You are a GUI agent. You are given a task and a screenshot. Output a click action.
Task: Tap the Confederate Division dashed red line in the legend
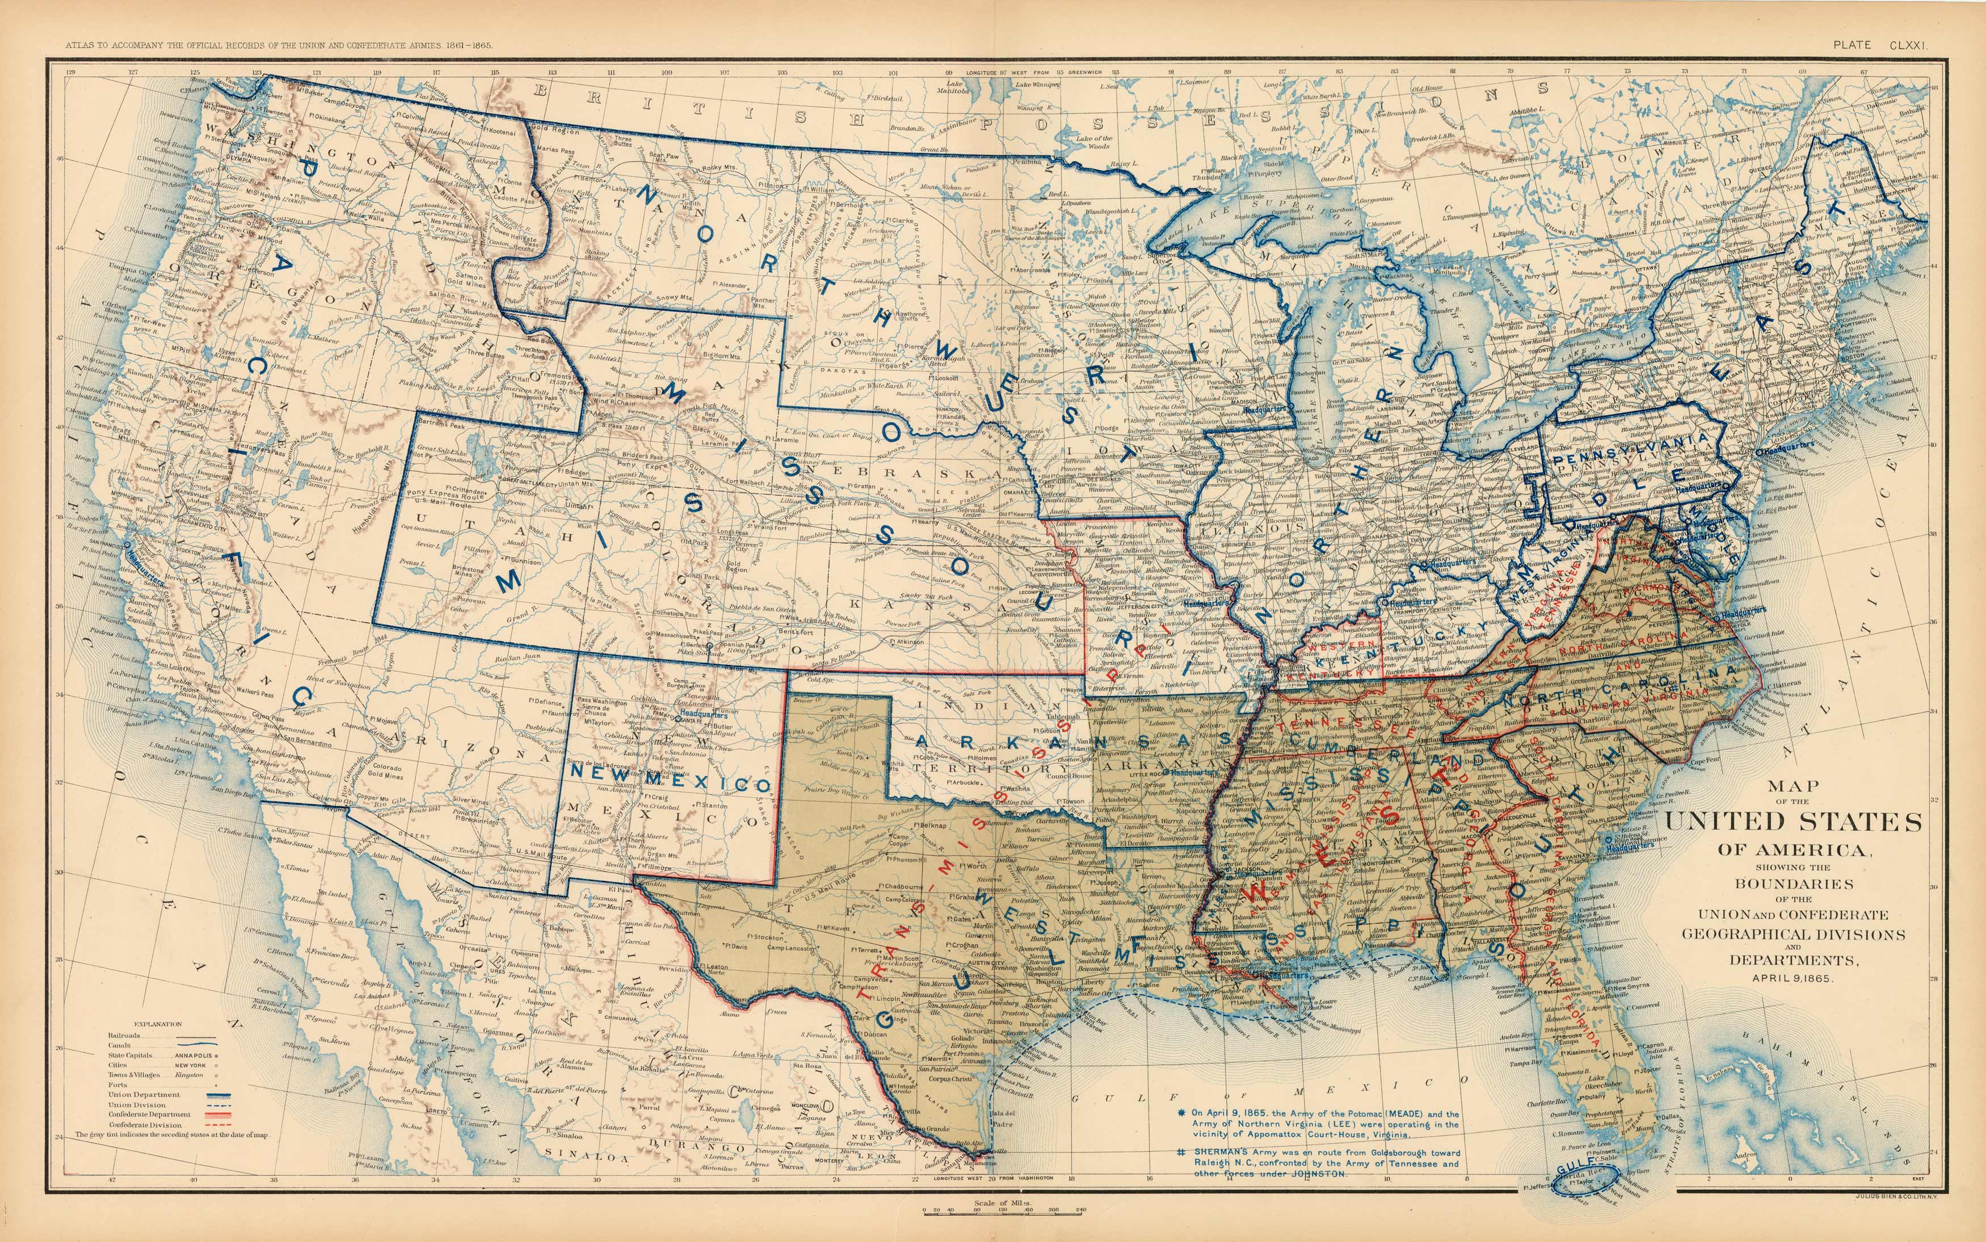tap(218, 1125)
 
